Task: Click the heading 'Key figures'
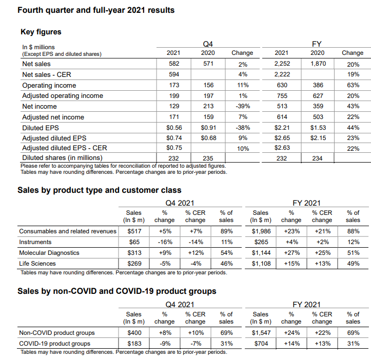[41, 32]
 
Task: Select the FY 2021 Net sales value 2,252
[282, 64]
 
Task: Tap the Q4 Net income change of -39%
[243, 107]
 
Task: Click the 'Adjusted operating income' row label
[63, 96]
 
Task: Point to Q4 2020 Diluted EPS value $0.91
[208, 128]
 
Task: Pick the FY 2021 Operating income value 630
[282, 86]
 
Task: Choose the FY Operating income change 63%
[353, 86]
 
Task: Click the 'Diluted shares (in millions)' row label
[62, 158]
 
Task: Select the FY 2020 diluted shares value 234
[317, 158]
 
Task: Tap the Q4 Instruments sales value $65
[134, 242]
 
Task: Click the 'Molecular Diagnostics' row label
[49, 253]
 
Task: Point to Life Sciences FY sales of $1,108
[261, 264]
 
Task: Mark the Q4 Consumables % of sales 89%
[226, 231]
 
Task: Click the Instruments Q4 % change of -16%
[165, 242]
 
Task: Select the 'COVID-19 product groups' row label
[54, 343]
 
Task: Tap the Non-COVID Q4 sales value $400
[134, 333]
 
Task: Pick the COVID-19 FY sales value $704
[261, 343]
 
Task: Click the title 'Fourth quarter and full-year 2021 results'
[96, 10]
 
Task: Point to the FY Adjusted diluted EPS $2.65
[282, 138]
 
